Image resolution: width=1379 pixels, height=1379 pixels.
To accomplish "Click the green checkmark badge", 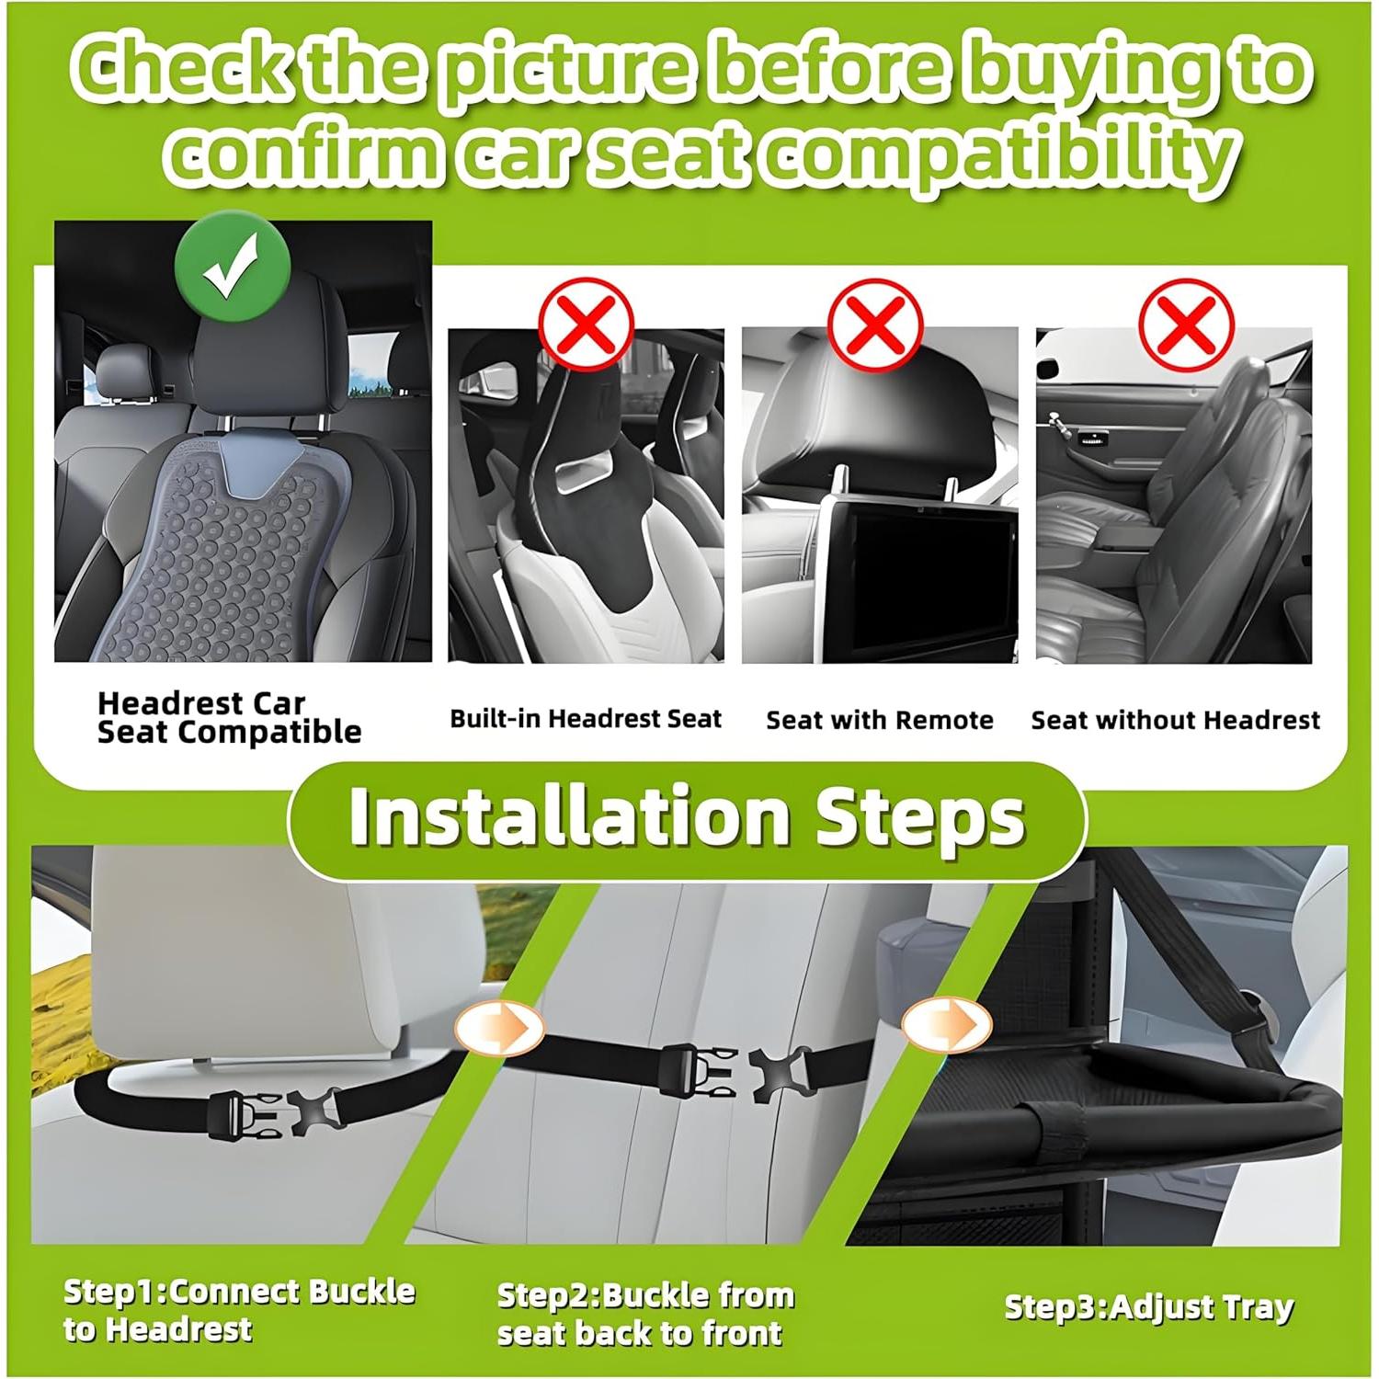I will tap(233, 267).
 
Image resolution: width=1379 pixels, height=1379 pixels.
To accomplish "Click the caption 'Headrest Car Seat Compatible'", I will tap(229, 718).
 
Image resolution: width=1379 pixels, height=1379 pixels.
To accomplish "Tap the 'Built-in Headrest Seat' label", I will tap(586, 719).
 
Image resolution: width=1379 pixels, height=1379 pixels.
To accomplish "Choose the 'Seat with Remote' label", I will tap(879, 720).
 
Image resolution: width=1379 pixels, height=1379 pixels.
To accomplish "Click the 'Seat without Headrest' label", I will tap(1175, 720).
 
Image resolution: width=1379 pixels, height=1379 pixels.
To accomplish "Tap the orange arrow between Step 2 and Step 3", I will tap(946, 1023).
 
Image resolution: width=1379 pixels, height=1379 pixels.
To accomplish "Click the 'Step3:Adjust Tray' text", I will tap(1148, 1306).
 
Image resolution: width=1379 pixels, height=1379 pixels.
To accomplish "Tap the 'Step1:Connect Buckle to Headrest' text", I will tap(239, 1310).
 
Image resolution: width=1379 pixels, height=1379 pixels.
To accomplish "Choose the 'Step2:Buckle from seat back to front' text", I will tap(645, 1314).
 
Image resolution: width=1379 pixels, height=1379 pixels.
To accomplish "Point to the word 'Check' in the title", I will tap(181, 71).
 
